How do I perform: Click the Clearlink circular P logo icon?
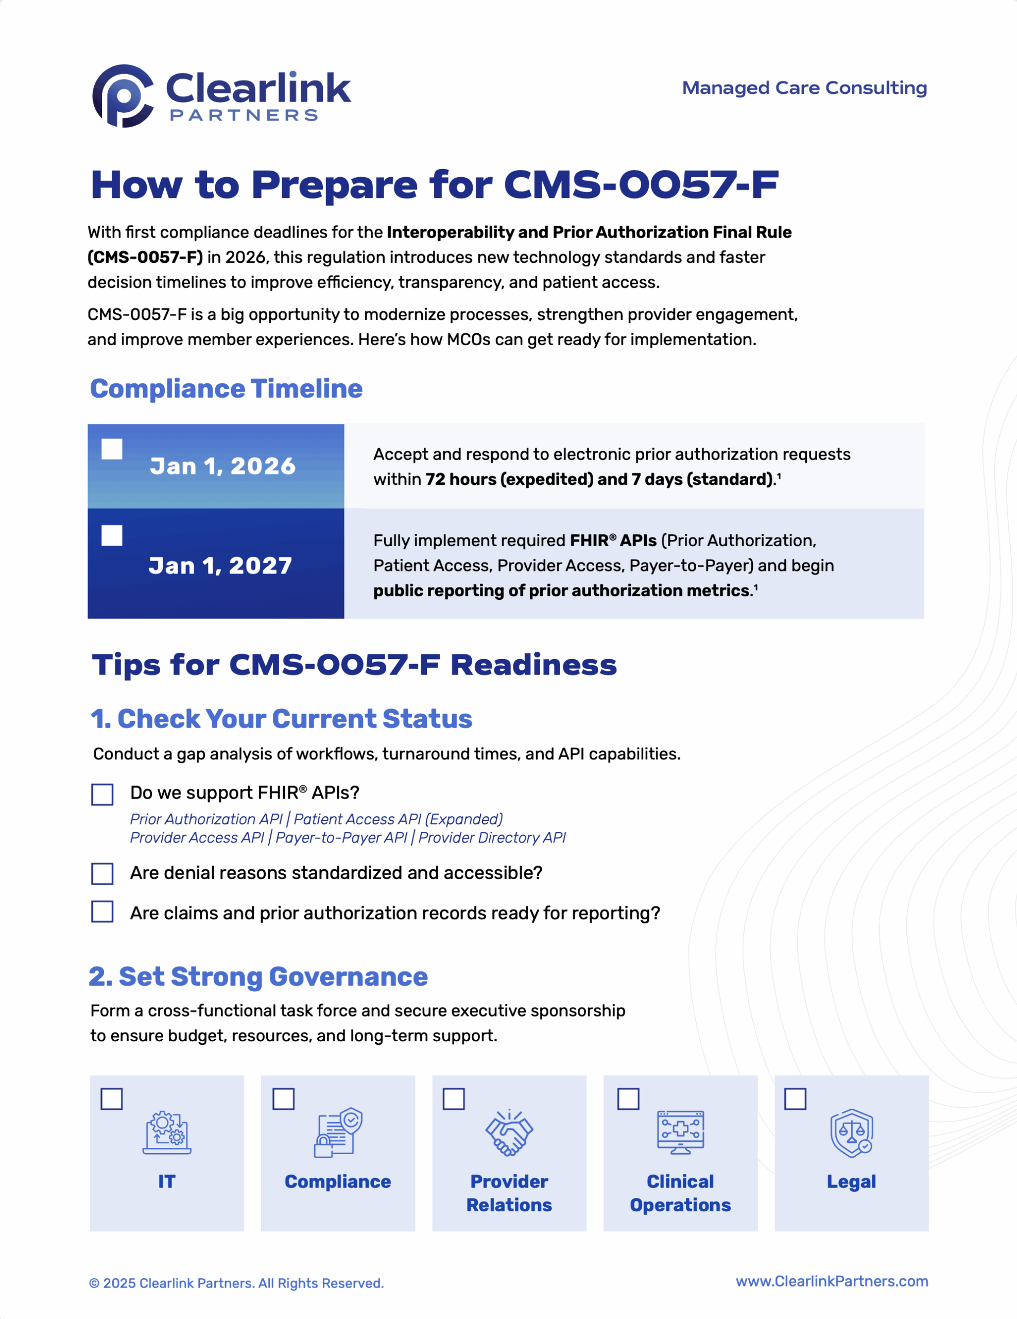[123, 96]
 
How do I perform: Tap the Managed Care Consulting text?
[804, 88]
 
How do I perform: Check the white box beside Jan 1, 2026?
[112, 449]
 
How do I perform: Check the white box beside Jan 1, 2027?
[112, 535]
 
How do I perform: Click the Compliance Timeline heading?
[226, 389]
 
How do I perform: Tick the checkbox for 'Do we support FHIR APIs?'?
[102, 794]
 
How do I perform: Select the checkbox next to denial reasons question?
[102, 873]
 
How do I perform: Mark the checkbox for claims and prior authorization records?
[102, 912]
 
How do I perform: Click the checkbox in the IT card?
[112, 1098]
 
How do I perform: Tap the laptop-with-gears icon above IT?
[167, 1132]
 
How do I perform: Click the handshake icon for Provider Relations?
[509, 1133]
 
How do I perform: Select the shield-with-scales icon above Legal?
[851, 1133]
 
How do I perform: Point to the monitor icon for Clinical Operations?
[680, 1132]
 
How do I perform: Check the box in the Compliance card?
[283, 1098]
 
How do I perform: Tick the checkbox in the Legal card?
[795, 1098]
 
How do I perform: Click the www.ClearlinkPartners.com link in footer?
[831, 1281]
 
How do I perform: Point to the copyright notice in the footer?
[236, 1283]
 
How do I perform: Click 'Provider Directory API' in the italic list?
[492, 838]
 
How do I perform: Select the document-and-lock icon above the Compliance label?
[337, 1132]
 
